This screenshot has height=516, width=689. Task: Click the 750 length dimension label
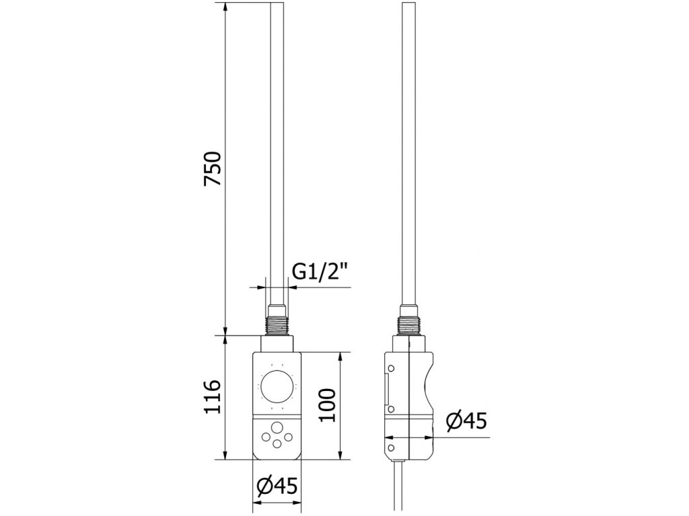[x=213, y=169]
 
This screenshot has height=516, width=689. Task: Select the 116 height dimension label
[x=213, y=396]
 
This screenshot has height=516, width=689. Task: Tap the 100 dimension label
[x=327, y=405]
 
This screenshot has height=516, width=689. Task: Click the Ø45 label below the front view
[x=277, y=486]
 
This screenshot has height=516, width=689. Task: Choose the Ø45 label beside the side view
[x=466, y=421]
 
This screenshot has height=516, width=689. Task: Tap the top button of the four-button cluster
[x=277, y=427]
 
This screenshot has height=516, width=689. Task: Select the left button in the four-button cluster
[x=266, y=437]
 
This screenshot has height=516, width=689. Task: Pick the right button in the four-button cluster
[x=288, y=437]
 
